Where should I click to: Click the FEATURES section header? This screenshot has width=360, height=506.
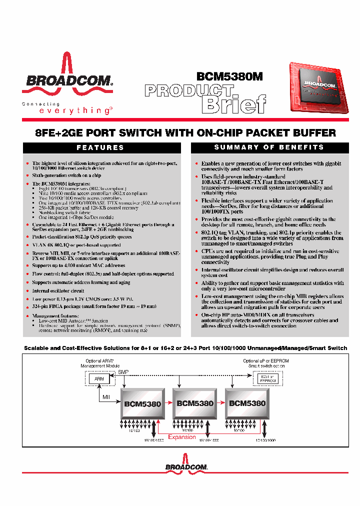pos(100,147)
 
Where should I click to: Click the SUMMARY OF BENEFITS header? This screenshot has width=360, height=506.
pos(269,147)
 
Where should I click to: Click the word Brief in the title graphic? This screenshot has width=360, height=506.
pos(233,104)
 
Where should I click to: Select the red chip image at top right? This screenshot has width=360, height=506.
pos(318,88)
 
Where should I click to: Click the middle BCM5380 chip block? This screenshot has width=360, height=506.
pos(195,403)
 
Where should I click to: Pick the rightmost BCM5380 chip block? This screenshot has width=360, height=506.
pos(247,403)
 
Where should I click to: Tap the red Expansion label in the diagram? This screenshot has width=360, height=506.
pos(182,437)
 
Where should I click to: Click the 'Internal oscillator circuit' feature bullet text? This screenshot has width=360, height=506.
pos(58,290)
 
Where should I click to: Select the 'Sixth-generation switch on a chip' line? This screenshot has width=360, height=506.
pos(66,175)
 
